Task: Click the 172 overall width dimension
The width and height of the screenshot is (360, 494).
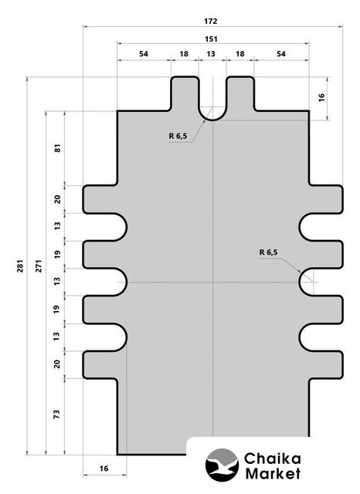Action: (x=211, y=22)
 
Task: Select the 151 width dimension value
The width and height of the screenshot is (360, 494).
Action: (x=211, y=39)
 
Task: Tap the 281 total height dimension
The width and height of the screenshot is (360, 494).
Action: (x=20, y=266)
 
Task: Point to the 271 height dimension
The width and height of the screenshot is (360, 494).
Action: (x=39, y=266)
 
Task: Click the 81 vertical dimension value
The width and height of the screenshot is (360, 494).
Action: (x=57, y=148)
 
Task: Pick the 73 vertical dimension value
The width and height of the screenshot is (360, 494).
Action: (x=56, y=414)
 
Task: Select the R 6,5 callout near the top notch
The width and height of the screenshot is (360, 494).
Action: (x=178, y=136)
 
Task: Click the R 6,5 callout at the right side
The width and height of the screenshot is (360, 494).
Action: (x=269, y=252)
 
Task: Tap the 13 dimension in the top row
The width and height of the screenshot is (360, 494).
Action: (x=211, y=54)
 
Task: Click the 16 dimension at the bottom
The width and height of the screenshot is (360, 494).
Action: (x=104, y=469)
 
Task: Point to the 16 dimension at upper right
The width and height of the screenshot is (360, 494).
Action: (x=321, y=97)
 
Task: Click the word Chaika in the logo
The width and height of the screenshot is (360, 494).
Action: (x=273, y=458)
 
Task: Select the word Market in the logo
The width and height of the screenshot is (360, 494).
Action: (x=273, y=473)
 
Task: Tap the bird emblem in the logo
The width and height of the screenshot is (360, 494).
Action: (x=222, y=465)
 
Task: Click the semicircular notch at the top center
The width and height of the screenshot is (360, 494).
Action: (x=212, y=117)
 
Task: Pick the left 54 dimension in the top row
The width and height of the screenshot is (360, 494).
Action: (x=144, y=54)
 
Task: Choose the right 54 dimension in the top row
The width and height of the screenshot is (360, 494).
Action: (x=281, y=54)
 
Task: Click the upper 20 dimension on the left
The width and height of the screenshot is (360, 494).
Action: (x=57, y=199)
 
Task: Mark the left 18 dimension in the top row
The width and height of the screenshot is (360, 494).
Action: (x=184, y=54)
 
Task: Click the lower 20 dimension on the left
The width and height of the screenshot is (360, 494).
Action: (x=56, y=364)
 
